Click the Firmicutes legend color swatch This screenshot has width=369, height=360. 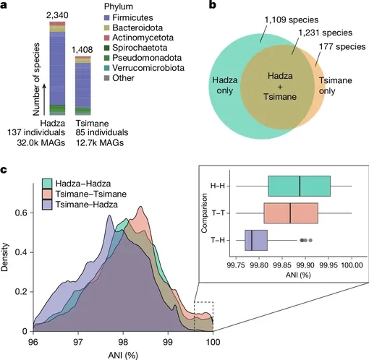(107, 17)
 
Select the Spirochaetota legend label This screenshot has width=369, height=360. (140, 48)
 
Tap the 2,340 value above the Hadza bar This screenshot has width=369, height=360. (57, 15)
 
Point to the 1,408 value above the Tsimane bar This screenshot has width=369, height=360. (82, 50)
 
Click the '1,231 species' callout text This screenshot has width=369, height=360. (326, 33)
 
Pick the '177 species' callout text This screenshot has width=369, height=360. (342, 46)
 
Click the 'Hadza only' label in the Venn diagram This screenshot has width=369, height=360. (225, 85)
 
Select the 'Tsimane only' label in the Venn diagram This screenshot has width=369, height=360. (336, 85)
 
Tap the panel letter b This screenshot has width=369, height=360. (212, 5)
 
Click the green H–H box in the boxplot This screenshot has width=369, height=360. (300, 187)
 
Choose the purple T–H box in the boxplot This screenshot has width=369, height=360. (256, 241)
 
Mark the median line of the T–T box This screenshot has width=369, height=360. (290, 213)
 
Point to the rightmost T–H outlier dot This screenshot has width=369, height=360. (310, 240)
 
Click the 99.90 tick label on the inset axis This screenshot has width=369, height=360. (305, 265)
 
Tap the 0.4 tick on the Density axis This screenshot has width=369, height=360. (21, 252)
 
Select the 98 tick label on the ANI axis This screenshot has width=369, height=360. (123, 342)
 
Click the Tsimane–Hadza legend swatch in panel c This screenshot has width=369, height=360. (47, 205)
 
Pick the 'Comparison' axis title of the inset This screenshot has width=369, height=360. (205, 213)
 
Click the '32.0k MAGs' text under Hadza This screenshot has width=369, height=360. (41, 143)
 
